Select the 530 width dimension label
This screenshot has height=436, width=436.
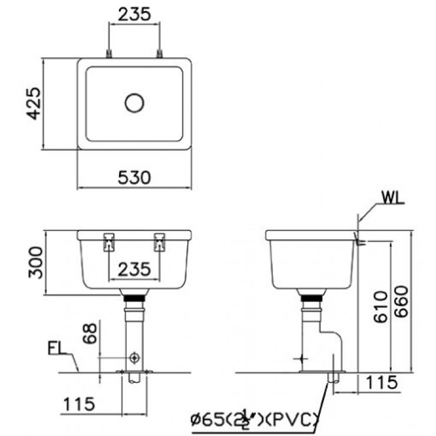[x=134, y=176]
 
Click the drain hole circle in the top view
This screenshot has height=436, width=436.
[x=134, y=103]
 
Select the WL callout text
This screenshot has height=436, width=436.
[x=392, y=197]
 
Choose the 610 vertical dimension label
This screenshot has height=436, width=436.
[x=379, y=306]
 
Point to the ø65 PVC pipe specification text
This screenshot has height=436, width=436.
[x=255, y=420]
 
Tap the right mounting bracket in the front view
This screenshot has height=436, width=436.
[x=159, y=242]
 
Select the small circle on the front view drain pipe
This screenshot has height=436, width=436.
[x=135, y=358]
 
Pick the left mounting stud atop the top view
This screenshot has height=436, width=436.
[x=109, y=54]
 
